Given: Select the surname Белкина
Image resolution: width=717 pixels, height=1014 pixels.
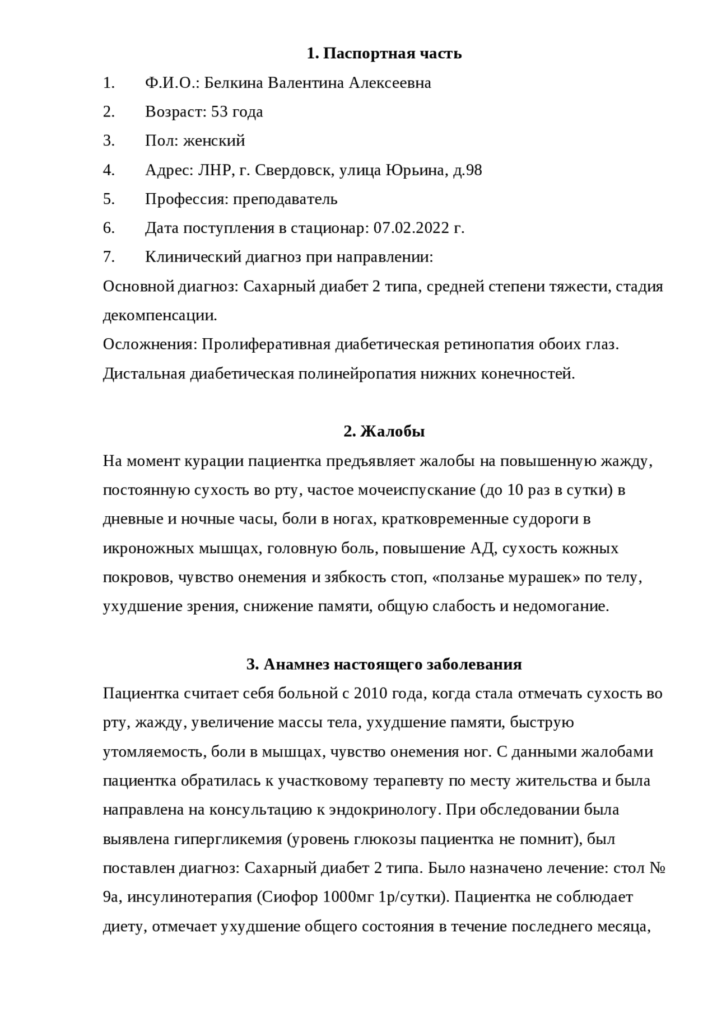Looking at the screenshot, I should click(234, 83).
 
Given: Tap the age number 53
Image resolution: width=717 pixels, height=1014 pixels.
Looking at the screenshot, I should click(220, 112).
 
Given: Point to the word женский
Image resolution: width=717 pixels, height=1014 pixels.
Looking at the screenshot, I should click(214, 141).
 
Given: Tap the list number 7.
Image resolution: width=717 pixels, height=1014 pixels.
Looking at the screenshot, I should click(109, 257).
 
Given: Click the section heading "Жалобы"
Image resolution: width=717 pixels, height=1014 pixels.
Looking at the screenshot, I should click(392, 432).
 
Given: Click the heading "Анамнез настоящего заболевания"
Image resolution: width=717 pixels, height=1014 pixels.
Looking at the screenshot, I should click(384, 665).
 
